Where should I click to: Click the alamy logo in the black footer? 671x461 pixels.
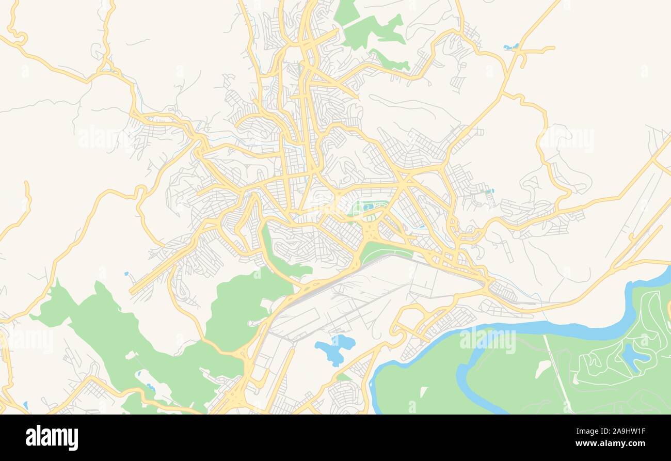[x=52, y=438]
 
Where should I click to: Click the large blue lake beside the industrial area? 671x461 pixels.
[x=334, y=349]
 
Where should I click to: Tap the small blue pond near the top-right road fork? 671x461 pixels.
[x=510, y=47]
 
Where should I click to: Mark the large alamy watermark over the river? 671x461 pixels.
[x=487, y=341]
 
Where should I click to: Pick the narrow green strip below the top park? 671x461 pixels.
[x=390, y=61]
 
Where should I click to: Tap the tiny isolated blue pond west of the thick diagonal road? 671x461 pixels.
[x=126, y=274]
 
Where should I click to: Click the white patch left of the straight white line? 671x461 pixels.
[x=542, y=368]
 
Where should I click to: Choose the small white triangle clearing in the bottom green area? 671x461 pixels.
[x=423, y=392]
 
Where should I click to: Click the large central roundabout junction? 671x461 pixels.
[x=371, y=233]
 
